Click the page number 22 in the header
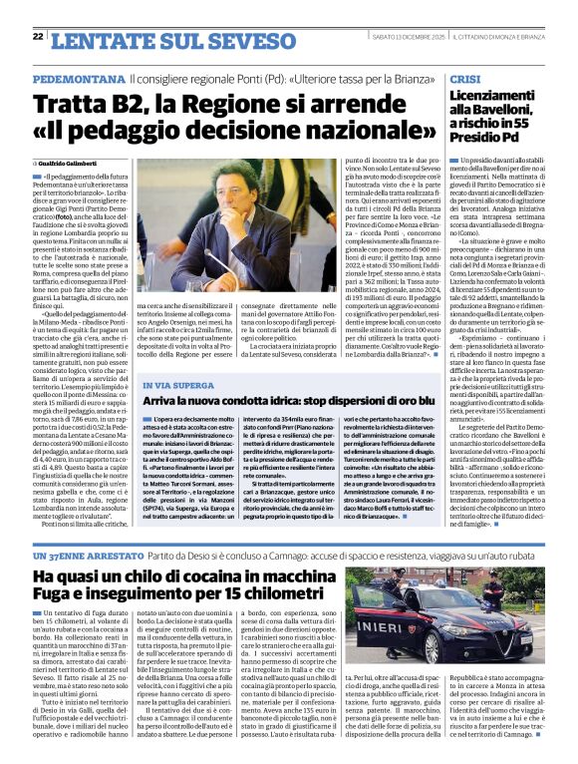(x=37, y=37)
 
